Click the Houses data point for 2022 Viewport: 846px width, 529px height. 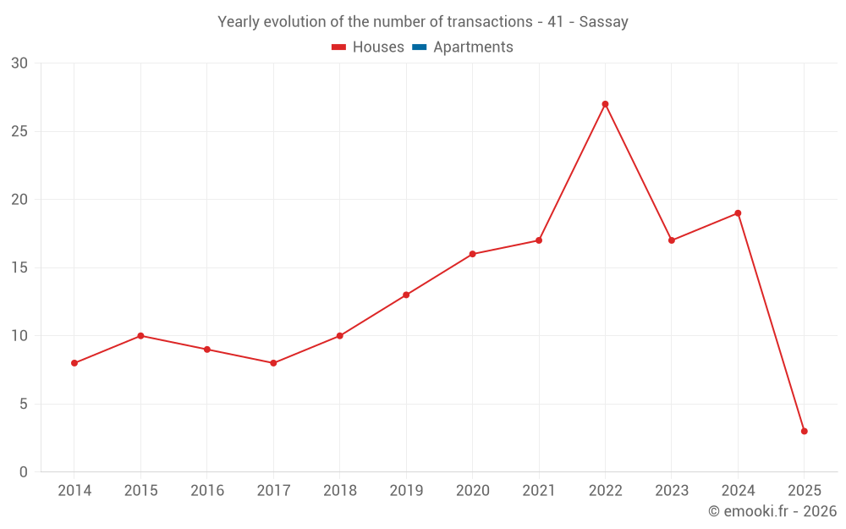[x=605, y=104]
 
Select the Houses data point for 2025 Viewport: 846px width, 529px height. [x=804, y=431]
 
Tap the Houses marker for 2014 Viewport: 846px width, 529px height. [x=74, y=363]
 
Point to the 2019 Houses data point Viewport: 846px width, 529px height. [x=406, y=295]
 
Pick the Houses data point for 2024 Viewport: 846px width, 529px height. [x=738, y=213]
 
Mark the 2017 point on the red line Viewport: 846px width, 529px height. [x=273, y=363]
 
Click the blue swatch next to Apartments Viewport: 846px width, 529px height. [x=419, y=47]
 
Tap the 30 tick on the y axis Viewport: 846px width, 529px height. [x=19, y=63]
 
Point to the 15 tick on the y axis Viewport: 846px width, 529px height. [x=19, y=267]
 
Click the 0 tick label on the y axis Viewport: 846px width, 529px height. [x=24, y=472]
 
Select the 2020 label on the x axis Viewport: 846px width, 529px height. [x=472, y=491]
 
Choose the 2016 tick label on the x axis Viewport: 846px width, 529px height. [x=207, y=491]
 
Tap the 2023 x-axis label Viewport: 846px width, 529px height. [x=672, y=491]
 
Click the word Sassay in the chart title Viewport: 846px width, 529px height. [x=603, y=22]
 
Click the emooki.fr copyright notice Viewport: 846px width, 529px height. [x=772, y=511]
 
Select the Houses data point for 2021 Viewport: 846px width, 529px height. [x=539, y=240]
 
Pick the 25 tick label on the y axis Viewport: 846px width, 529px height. [x=19, y=131]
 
